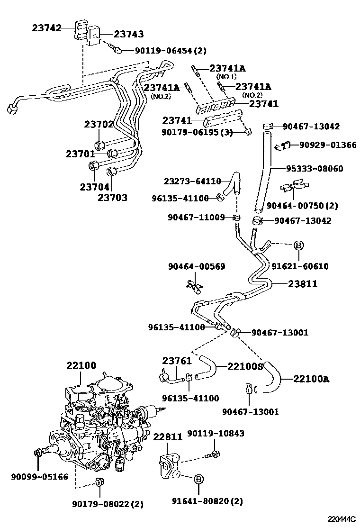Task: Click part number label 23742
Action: click(x=47, y=28)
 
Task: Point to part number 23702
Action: click(x=99, y=125)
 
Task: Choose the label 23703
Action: click(x=112, y=198)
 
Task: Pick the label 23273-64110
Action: click(x=192, y=181)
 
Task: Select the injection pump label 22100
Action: click(x=81, y=365)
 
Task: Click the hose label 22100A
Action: click(x=311, y=379)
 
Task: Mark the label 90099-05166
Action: click(x=40, y=476)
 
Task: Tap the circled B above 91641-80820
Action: click(x=199, y=480)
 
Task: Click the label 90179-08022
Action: click(x=108, y=504)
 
